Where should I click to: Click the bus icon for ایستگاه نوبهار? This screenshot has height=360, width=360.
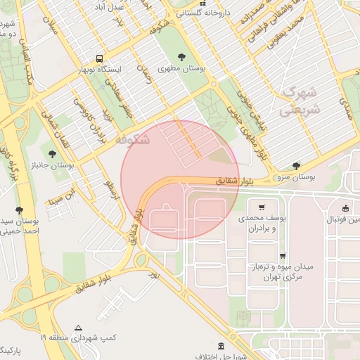click(x=100, y=59)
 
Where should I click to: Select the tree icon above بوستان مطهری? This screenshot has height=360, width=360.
click(x=181, y=56)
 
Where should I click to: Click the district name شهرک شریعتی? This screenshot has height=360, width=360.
click(x=300, y=101)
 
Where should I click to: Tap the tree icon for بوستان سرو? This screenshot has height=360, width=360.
click(x=297, y=166)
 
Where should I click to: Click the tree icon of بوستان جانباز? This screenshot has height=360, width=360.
click(x=51, y=152)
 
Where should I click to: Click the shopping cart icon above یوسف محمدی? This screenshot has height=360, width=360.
click(x=262, y=207)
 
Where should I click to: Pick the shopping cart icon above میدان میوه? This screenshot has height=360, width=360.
click(x=283, y=256)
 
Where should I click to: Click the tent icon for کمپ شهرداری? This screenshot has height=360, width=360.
click(x=78, y=328)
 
